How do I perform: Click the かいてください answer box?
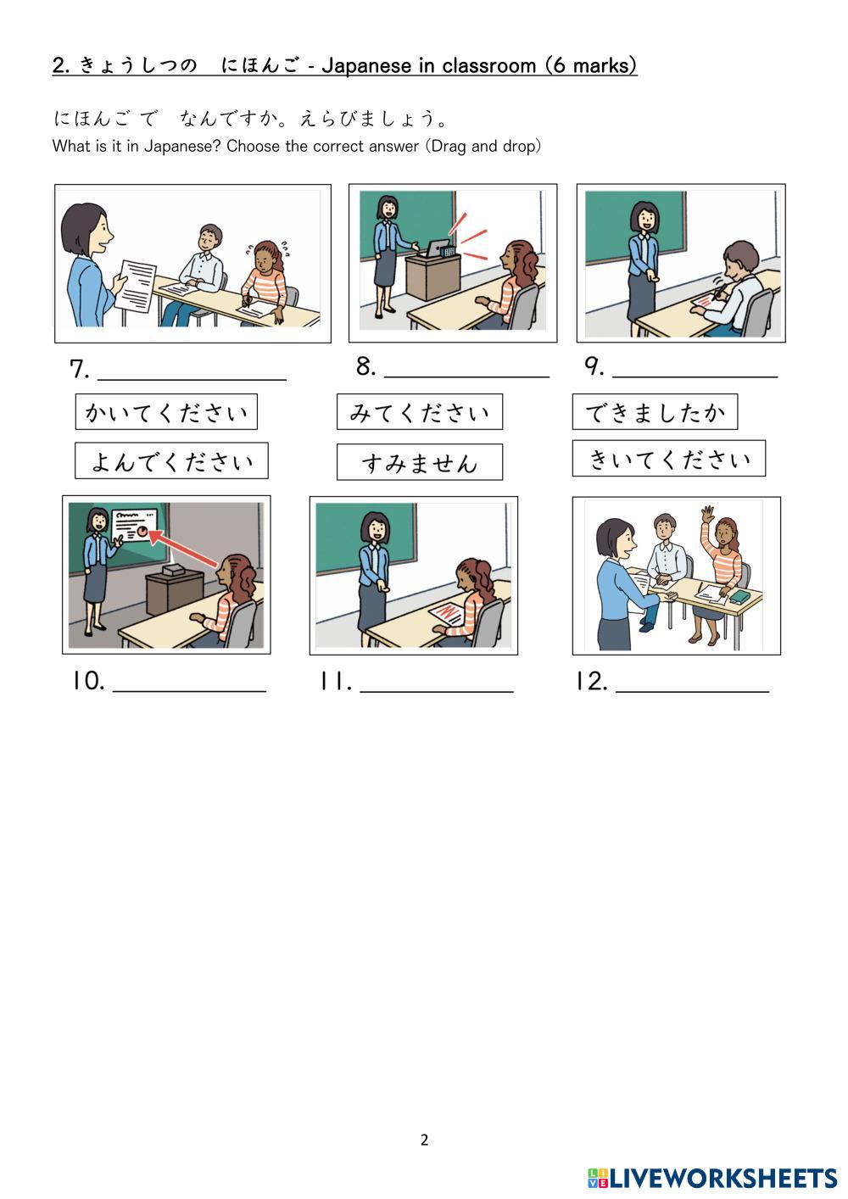[x=166, y=412]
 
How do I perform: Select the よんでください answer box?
[x=171, y=461]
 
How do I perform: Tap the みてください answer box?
[x=420, y=412]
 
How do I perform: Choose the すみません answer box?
[x=420, y=463]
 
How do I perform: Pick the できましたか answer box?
[x=655, y=412]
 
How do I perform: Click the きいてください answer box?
[x=669, y=459]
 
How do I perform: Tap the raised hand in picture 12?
[x=708, y=514]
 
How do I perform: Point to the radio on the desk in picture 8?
[x=439, y=248]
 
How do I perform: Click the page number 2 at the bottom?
[x=424, y=1140]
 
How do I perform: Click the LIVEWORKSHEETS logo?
[x=712, y=1178]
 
